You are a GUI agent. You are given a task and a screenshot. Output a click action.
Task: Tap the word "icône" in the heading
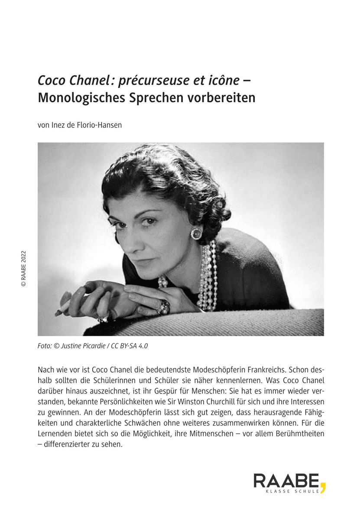[223, 80]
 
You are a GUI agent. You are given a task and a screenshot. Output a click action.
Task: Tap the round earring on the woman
[196, 233]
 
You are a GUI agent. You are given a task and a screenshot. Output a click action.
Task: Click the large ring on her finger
[164, 307]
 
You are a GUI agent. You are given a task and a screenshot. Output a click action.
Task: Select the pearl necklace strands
[208, 277]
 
